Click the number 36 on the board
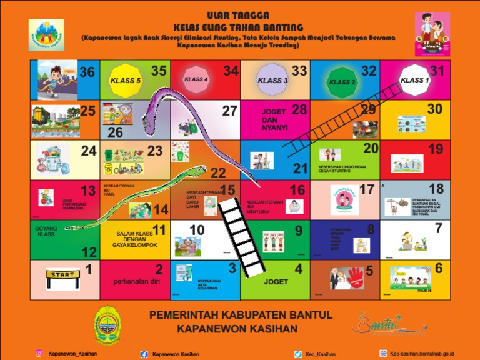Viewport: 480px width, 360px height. point(87,72)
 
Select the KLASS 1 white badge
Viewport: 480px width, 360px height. point(414,80)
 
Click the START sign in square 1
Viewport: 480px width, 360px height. point(62,275)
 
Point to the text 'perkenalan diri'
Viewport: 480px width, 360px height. point(136,281)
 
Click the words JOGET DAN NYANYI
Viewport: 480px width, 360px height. point(274,119)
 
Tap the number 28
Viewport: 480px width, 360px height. point(299,110)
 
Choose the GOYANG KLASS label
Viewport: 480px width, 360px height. point(46,231)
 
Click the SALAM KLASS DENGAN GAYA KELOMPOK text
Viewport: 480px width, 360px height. point(134,239)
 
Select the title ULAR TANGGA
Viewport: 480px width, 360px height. point(238,15)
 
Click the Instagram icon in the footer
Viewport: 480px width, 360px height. point(39,354)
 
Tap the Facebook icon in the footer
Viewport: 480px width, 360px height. point(144,354)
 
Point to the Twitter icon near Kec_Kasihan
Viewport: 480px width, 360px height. point(298,354)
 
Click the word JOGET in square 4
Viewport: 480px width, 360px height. point(276,282)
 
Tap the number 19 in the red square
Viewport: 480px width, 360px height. point(436,149)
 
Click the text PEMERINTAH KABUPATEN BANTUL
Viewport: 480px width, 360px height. point(241,315)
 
